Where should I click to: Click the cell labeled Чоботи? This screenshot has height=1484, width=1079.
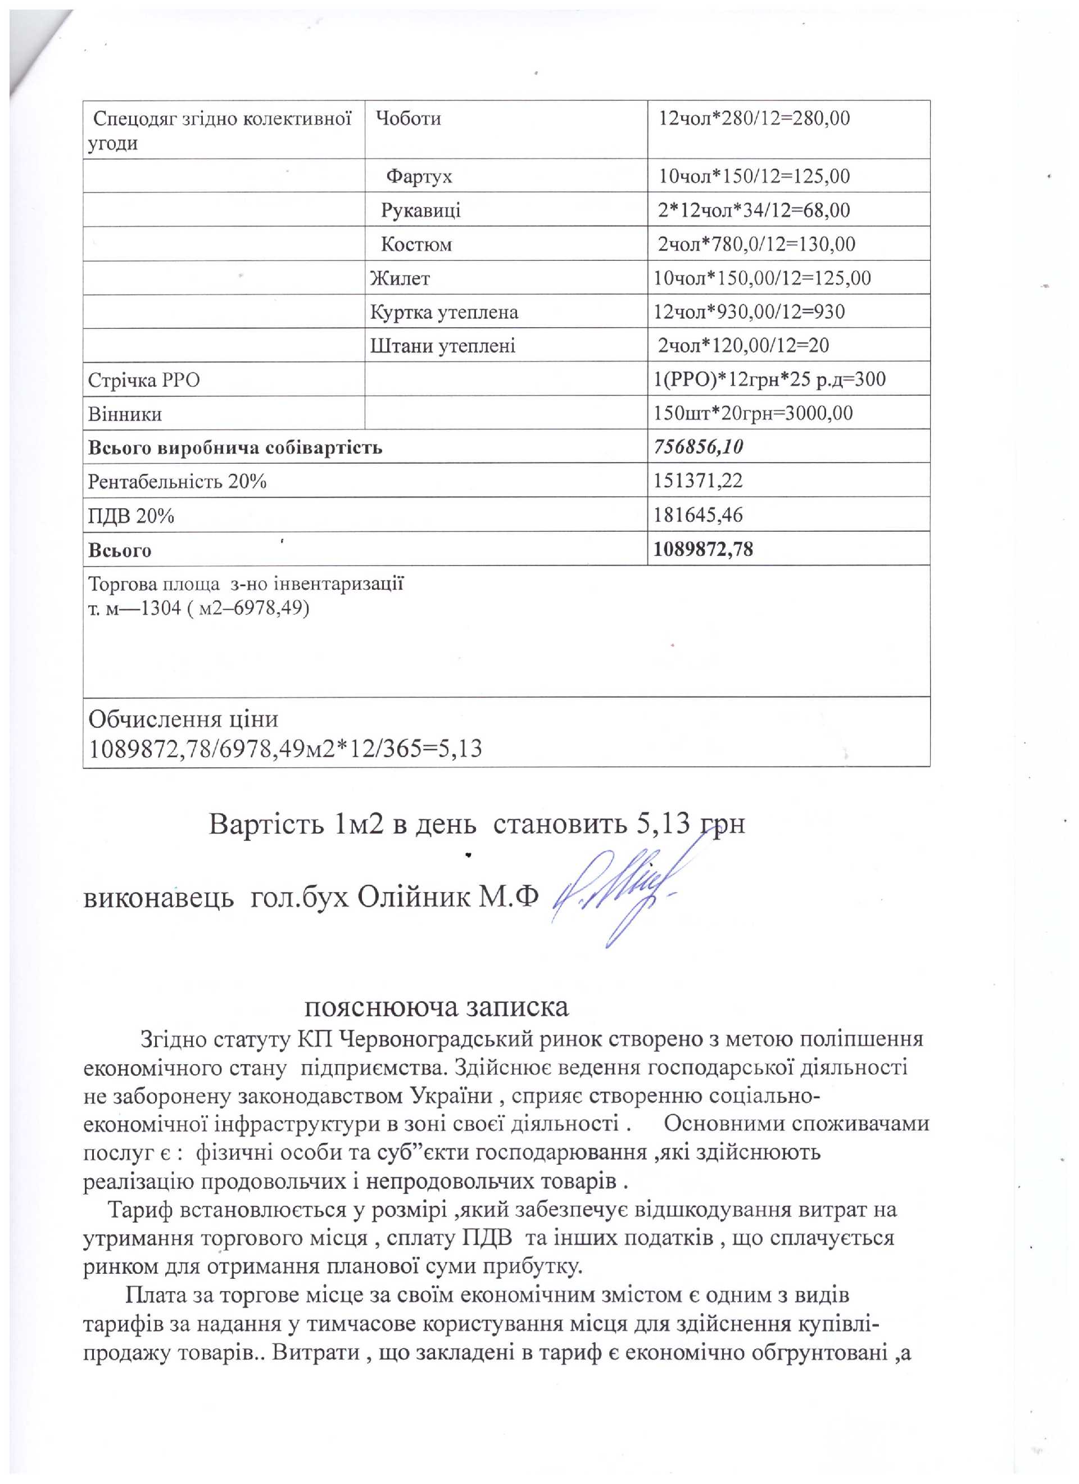[409, 119]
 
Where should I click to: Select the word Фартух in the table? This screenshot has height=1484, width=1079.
[419, 177]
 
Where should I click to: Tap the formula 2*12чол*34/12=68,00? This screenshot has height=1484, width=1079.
[754, 210]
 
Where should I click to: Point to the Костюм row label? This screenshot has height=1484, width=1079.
[416, 245]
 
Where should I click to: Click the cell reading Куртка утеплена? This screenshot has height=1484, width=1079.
[445, 312]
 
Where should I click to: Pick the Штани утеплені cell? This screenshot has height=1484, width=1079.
[443, 346]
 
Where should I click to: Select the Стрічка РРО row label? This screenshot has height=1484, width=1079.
[144, 380]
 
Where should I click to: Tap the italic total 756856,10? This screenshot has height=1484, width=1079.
[698, 447]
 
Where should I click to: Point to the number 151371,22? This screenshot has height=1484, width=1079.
[698, 482]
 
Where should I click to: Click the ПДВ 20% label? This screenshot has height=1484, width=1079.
[131, 516]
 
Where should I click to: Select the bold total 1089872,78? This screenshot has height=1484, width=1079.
[704, 550]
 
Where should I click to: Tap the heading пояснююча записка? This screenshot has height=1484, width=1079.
[437, 1007]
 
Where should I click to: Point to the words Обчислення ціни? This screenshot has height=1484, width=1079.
[183, 720]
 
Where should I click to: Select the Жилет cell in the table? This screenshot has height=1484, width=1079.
[401, 279]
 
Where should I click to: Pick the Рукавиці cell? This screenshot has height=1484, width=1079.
[421, 211]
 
